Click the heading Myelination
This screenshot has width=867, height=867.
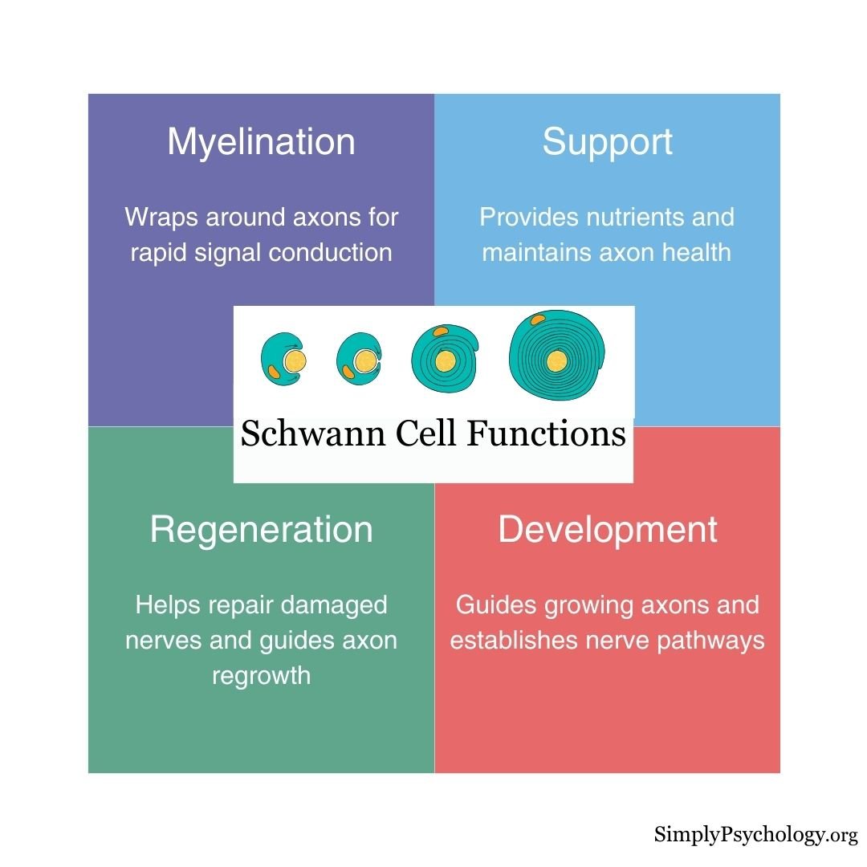[261, 142]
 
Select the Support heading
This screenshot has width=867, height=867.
[607, 142]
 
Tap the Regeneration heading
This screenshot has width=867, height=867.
[261, 530]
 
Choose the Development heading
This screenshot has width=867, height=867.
[607, 530]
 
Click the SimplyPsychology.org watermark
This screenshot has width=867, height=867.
[755, 835]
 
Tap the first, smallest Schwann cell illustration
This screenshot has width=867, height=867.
[283, 360]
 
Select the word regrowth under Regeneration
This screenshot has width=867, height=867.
[261, 675]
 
